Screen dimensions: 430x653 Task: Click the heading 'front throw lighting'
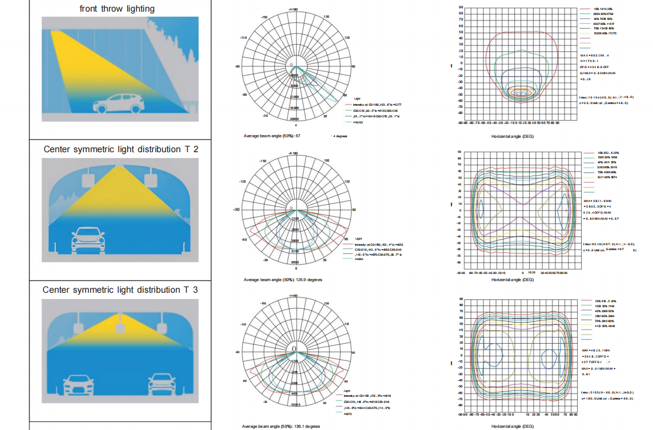(x=117, y=8)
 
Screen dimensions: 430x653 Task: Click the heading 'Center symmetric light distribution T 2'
(x=121, y=149)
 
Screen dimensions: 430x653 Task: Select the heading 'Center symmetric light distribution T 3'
(x=120, y=290)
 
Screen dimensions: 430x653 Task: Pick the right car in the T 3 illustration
(x=161, y=382)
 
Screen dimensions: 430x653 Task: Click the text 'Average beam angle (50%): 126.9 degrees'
(x=283, y=279)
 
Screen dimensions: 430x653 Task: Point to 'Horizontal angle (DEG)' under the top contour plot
(x=513, y=136)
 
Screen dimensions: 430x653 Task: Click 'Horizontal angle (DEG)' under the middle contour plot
(x=513, y=279)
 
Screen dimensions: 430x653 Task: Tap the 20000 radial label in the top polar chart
(x=294, y=119)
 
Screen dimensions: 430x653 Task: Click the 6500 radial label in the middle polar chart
(x=295, y=262)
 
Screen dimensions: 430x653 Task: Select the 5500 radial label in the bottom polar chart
(x=294, y=405)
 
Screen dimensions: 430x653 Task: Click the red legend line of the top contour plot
(x=587, y=9)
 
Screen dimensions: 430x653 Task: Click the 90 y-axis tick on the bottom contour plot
(x=460, y=299)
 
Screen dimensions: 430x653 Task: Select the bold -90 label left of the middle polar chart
(x=237, y=210)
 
